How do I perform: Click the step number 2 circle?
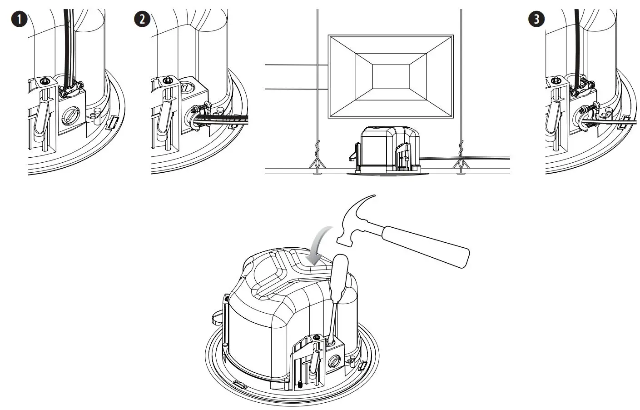[x=142, y=19]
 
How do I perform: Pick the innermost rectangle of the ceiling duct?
[x=391, y=76]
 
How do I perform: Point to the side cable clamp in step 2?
[x=200, y=109]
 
